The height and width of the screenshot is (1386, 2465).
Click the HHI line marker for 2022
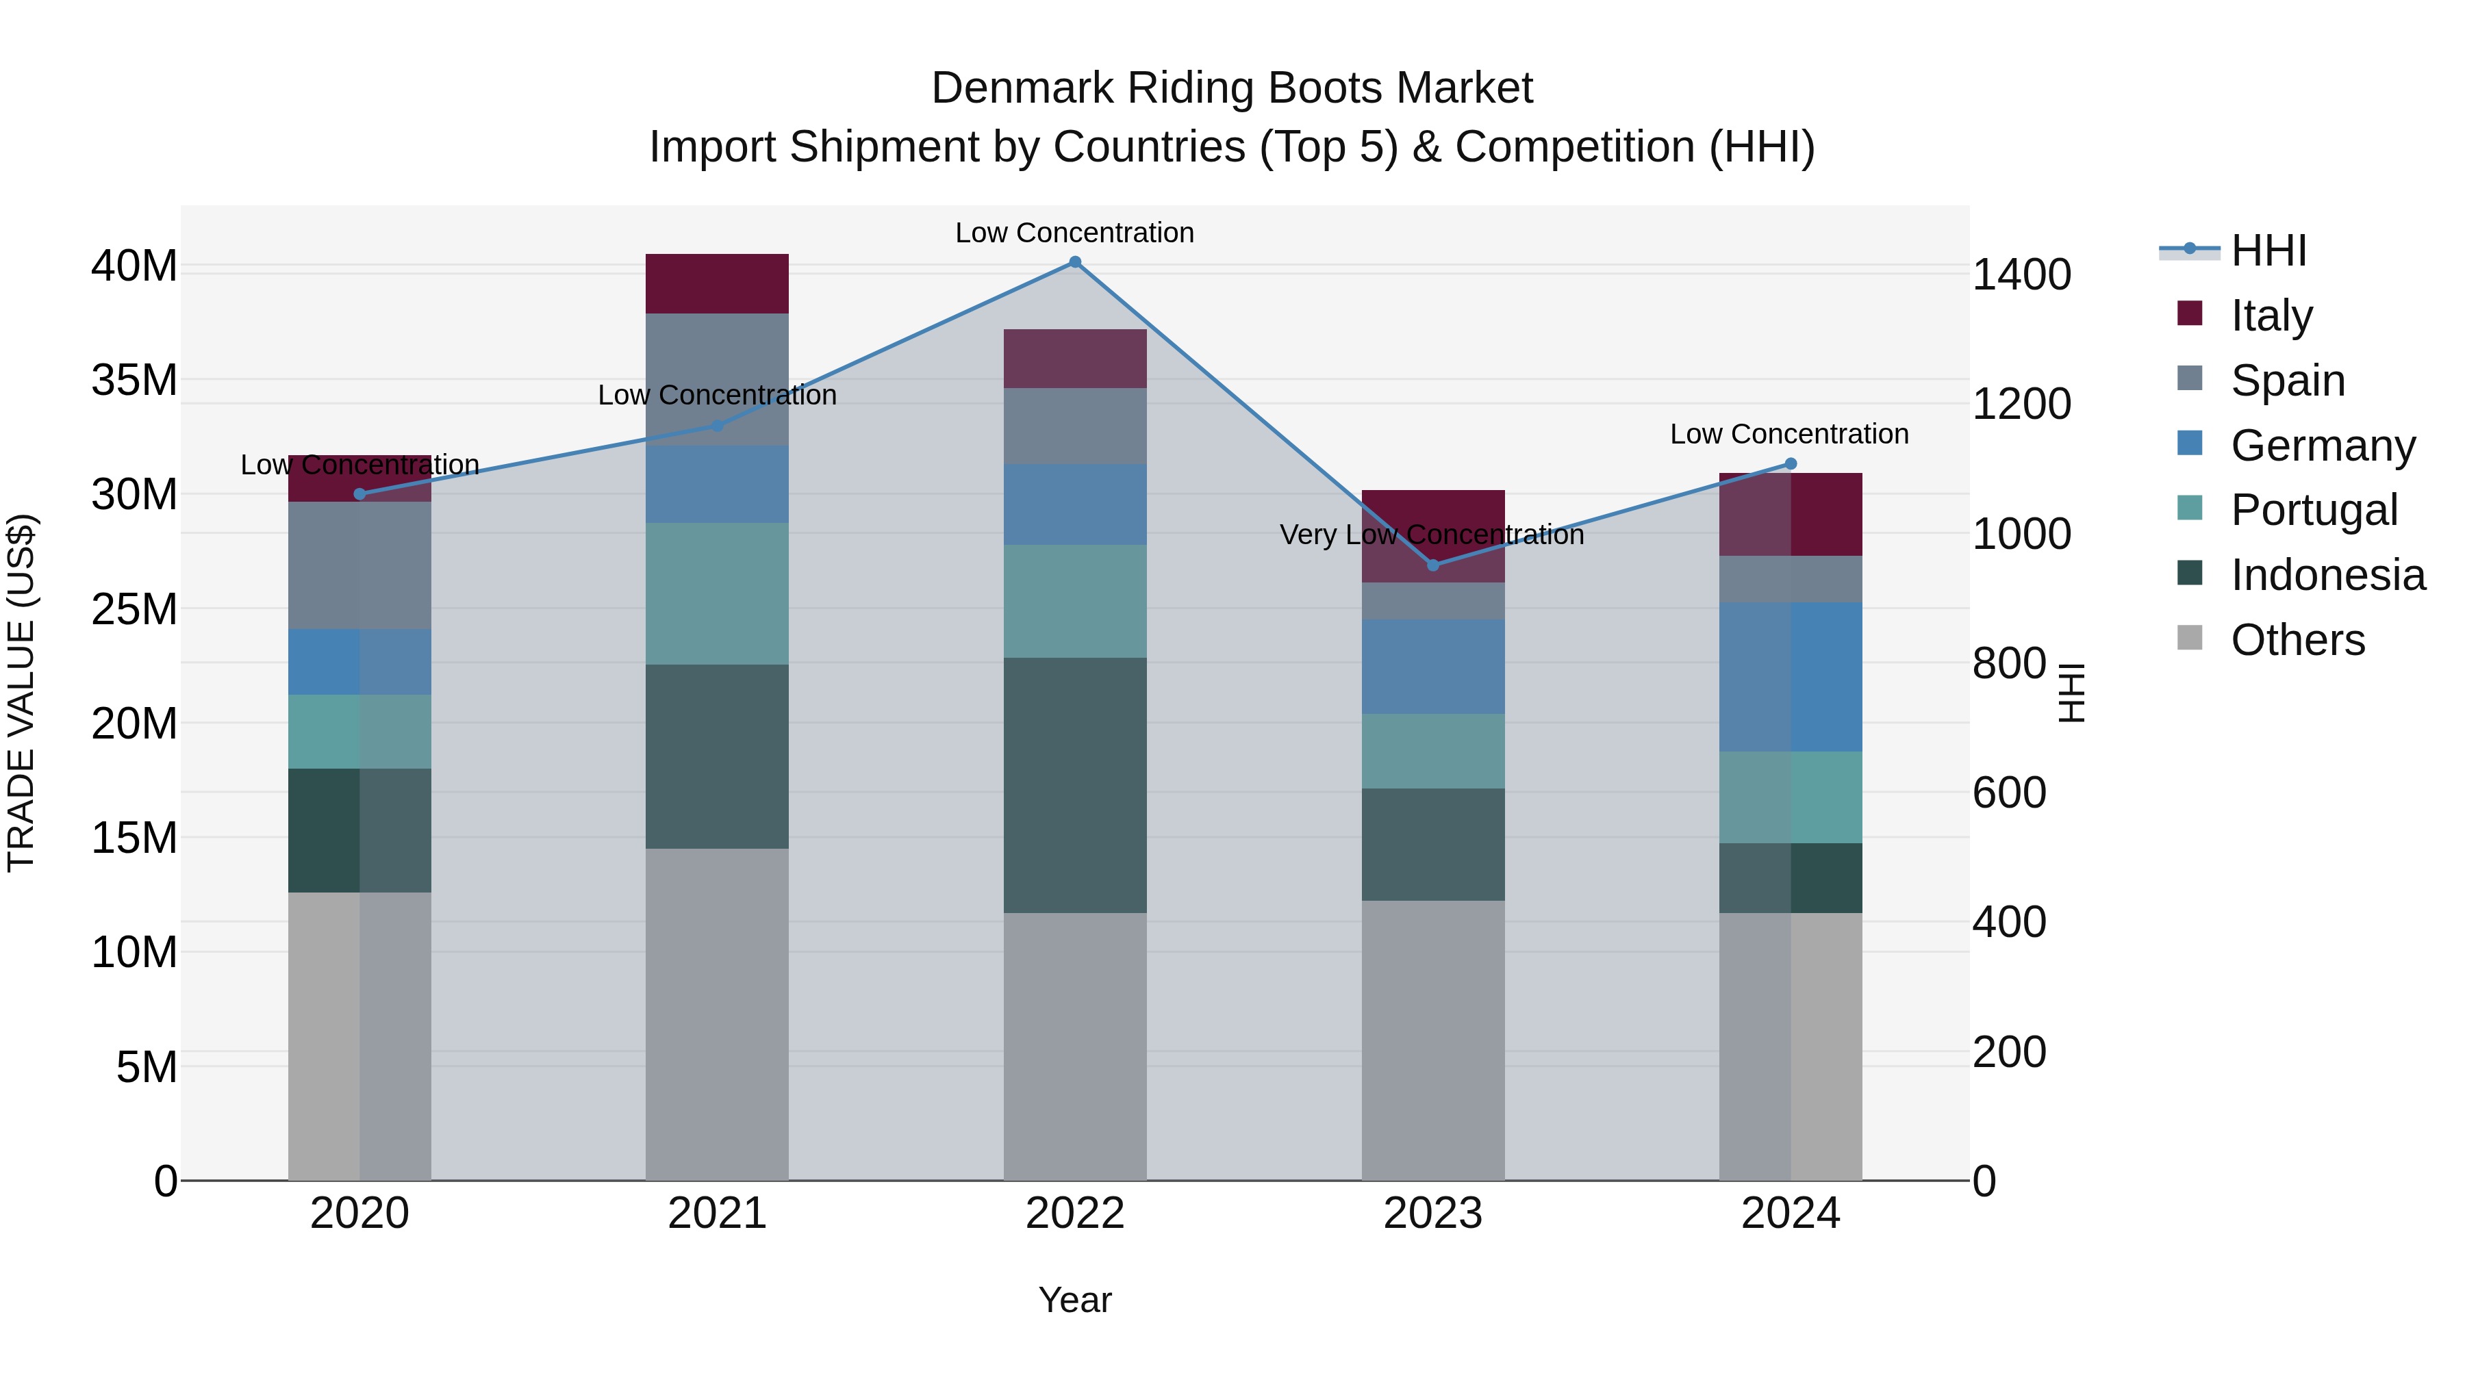1074,262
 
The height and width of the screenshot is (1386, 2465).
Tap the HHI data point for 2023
1432,565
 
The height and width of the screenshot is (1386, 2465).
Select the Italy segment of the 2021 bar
717,284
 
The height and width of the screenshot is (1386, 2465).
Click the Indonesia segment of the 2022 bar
1074,784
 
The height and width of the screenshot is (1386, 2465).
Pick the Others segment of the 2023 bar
1432,1040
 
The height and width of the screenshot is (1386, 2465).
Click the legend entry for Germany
2323,446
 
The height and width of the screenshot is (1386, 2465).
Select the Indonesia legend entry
2327,575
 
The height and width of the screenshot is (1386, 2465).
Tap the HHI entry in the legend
2268,251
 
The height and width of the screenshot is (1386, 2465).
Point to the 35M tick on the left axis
134,381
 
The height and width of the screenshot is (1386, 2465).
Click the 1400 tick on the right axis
2021,275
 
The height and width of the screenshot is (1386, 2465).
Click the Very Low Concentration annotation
1432,535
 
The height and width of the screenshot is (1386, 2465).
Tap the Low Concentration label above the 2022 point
1074,233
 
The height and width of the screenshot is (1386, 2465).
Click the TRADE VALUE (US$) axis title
22,693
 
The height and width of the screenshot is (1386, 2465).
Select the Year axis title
1074,1300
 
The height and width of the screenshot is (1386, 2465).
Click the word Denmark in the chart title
1022,88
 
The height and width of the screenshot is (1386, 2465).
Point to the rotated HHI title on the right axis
2071,693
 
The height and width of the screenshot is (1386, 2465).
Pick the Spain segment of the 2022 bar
1074,426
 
